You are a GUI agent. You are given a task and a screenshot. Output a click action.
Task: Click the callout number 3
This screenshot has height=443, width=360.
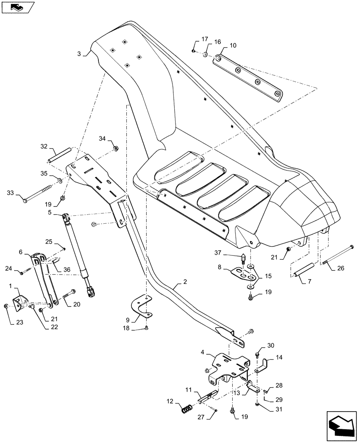(79, 54)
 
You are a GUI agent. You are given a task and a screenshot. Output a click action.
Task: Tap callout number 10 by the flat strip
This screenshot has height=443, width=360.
(233, 46)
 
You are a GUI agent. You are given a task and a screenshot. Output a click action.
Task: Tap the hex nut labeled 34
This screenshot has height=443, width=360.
(115, 148)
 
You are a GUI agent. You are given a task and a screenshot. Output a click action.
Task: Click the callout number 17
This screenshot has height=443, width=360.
(204, 39)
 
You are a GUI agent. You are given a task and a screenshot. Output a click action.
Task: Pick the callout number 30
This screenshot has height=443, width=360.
(271, 346)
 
